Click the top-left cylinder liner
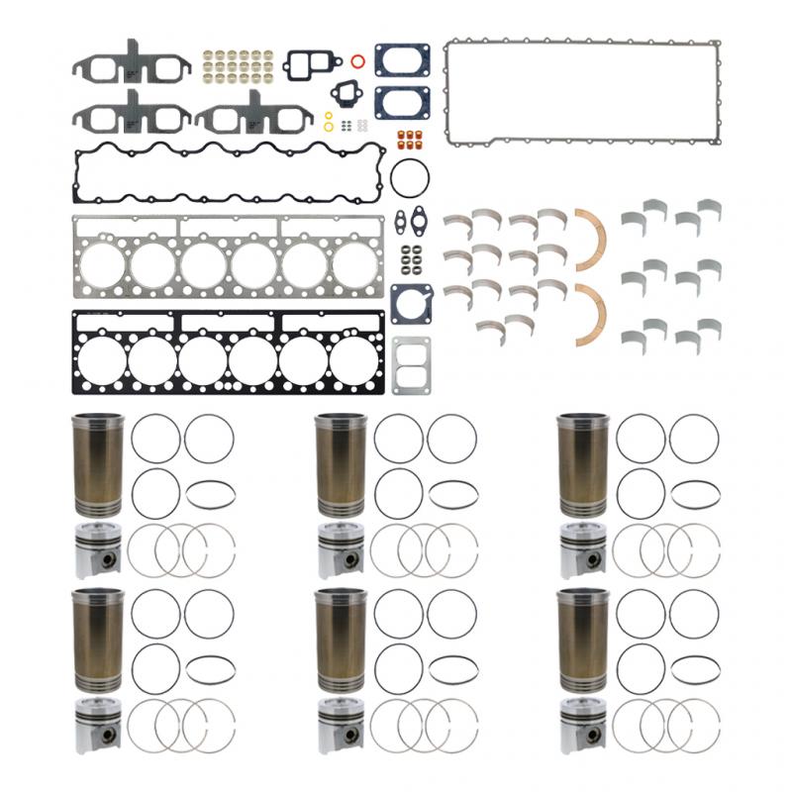[98, 465]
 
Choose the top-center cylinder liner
[342, 465]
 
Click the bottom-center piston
[341, 731]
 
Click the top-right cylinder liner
[584, 465]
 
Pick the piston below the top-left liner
[98, 549]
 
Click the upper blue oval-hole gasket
[401, 59]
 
